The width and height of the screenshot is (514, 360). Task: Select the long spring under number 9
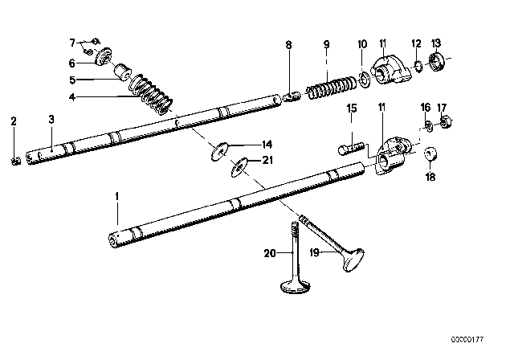330,84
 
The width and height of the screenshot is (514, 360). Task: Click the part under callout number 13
439,61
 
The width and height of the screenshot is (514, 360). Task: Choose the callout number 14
267,145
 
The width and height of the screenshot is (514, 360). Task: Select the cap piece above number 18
430,153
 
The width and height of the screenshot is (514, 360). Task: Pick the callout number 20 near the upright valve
269,253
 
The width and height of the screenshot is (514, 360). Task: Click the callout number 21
267,161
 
